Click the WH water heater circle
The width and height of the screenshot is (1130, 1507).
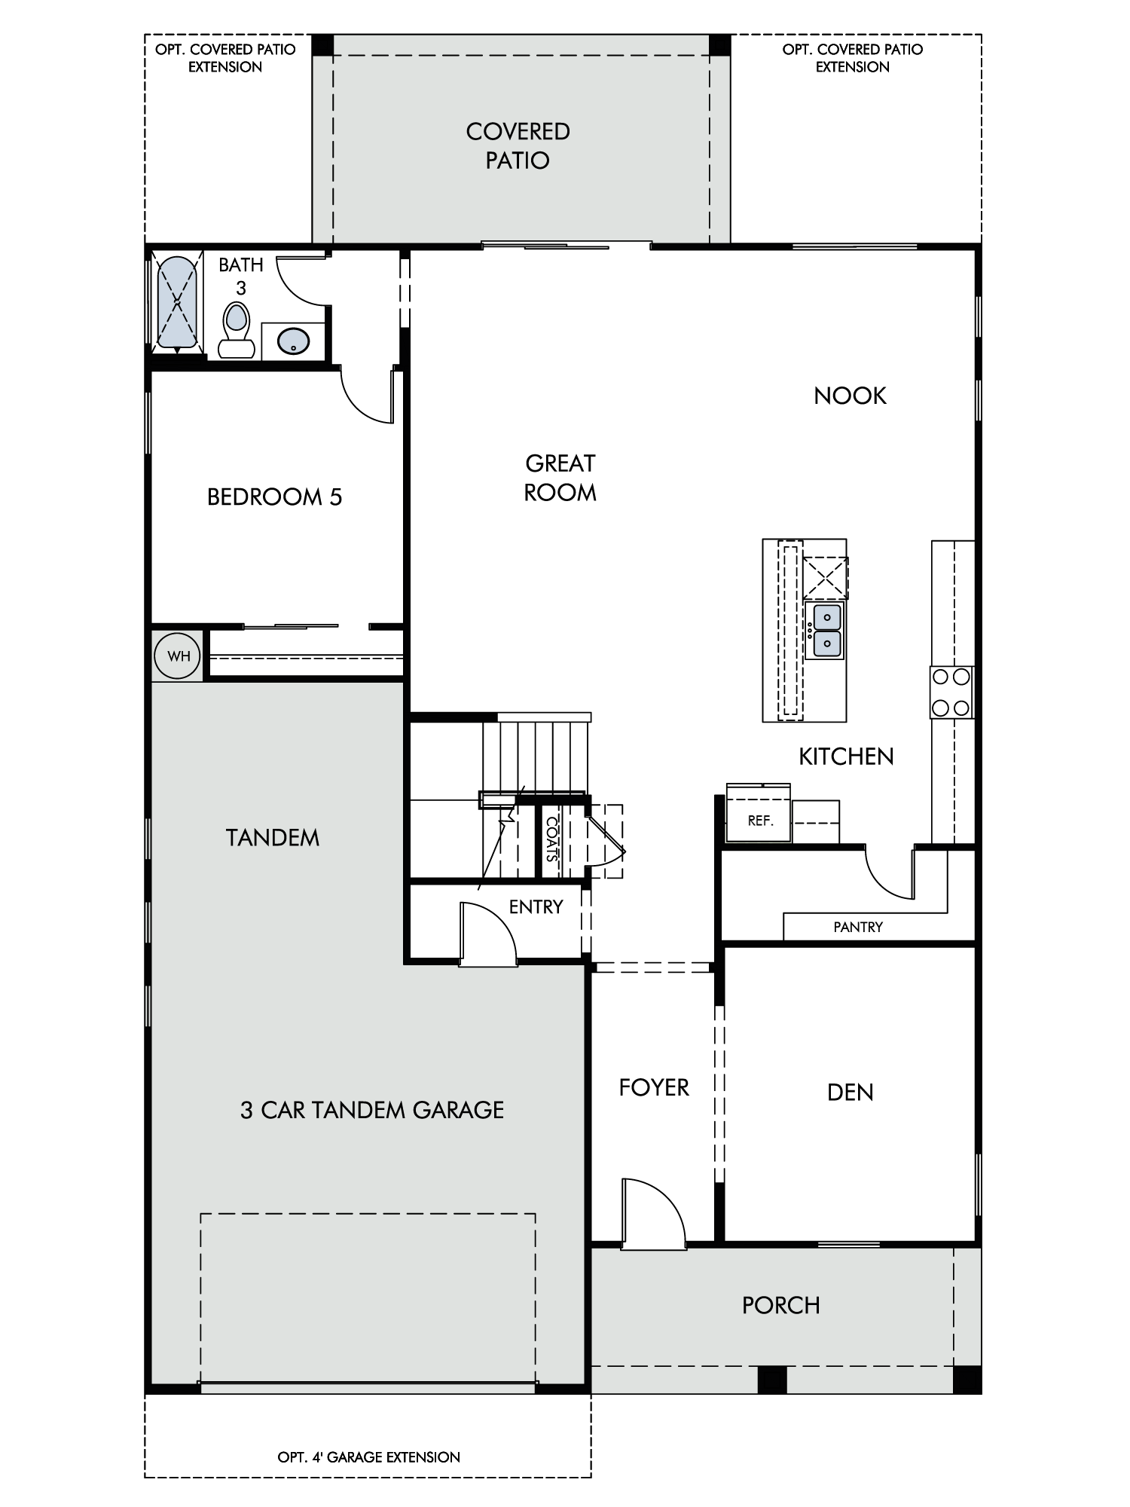pyautogui.click(x=179, y=656)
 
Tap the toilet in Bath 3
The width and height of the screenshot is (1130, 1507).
pyautogui.click(x=237, y=330)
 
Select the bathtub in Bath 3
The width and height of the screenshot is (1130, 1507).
pyautogui.click(x=177, y=304)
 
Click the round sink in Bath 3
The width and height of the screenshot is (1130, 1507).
pyautogui.click(x=293, y=341)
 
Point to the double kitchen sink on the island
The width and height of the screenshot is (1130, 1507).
pyautogui.click(x=826, y=631)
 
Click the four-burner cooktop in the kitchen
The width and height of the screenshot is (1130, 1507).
pyautogui.click(x=951, y=692)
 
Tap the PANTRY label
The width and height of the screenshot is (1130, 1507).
pyautogui.click(x=858, y=927)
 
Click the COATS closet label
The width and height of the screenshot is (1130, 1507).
pyautogui.click(x=552, y=839)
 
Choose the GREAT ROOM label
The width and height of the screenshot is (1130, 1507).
pyautogui.click(x=560, y=478)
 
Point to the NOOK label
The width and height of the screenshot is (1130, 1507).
pyautogui.click(x=850, y=396)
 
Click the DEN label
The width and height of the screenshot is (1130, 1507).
pyautogui.click(x=850, y=1092)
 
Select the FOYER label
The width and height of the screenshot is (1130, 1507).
pyautogui.click(x=654, y=1087)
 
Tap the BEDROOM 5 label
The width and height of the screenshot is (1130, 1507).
pyautogui.click(x=274, y=497)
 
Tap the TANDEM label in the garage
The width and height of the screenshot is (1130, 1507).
pyautogui.click(x=273, y=838)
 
